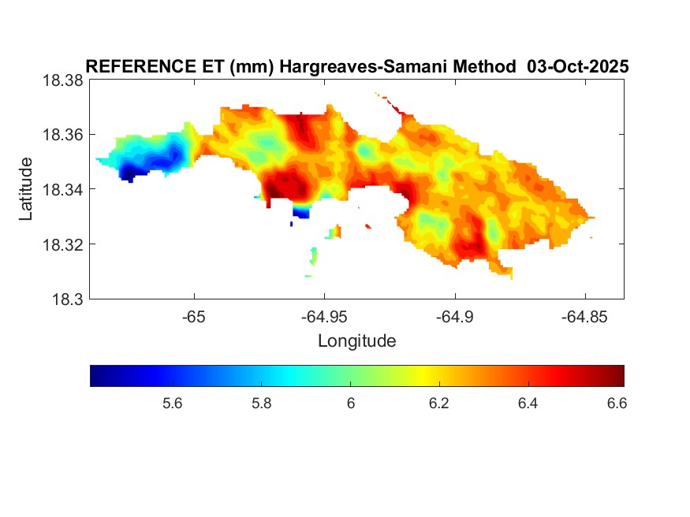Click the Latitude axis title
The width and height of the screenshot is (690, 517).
pos(26,189)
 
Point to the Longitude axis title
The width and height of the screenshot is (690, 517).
pos(356,341)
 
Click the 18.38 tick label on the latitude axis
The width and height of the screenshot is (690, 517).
pos(62,80)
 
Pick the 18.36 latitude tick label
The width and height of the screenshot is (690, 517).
pos(62,135)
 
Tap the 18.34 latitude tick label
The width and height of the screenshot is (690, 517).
pos(62,189)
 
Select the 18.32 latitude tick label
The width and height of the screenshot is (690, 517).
pos(62,244)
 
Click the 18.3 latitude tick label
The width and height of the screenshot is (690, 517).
pos(66,299)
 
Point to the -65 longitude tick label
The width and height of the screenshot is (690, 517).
pos(194,316)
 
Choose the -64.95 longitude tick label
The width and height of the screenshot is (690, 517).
pos(324,316)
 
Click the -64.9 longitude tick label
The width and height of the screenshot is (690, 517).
pos(454,316)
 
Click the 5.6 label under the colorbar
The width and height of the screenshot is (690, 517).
pos(173,404)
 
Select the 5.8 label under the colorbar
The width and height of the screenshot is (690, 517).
pos(262,404)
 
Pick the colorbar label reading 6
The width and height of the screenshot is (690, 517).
pos(351,404)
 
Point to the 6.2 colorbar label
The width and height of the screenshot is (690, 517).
pos(439,404)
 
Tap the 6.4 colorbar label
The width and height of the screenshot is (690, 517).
pos(528,404)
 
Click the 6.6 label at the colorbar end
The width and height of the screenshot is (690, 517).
pos(616,404)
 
